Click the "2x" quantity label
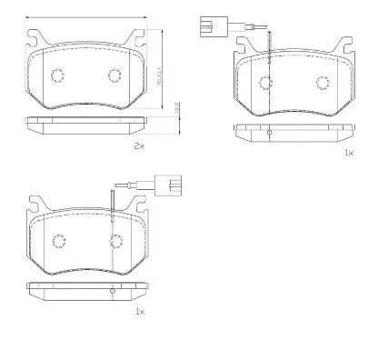point(139,146)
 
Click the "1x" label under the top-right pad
point(348,153)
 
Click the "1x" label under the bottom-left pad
point(139,312)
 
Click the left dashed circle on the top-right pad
point(266,83)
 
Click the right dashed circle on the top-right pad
point(323,83)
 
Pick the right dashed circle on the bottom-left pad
point(115,240)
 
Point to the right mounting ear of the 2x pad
point(138,39)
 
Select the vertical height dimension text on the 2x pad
point(158,67)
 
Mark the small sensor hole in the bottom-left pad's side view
point(111,291)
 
